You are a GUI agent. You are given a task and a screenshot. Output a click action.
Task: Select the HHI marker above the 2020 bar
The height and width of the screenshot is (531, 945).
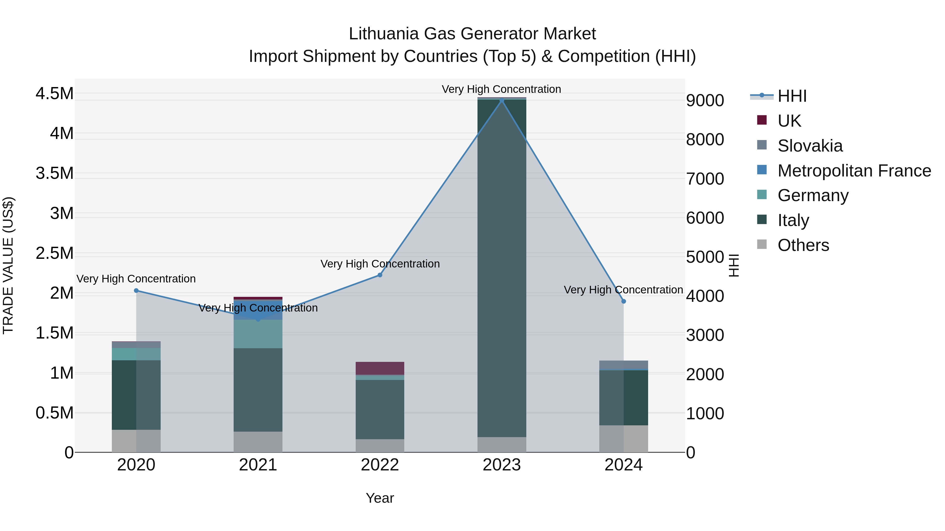coord(136,291)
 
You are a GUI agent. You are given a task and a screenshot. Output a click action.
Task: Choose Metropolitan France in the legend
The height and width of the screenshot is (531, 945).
coord(854,171)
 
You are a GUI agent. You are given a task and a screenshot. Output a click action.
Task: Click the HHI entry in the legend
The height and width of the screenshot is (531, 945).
coord(792,96)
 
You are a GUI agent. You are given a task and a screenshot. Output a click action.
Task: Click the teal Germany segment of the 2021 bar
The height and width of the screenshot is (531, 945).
coord(258,334)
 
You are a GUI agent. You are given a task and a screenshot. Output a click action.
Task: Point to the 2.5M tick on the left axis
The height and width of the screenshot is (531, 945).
coord(54,253)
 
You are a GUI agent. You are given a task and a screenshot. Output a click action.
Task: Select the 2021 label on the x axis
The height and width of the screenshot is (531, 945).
coord(258,465)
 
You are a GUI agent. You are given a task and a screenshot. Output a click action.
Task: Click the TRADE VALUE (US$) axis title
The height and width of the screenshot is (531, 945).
coord(8,265)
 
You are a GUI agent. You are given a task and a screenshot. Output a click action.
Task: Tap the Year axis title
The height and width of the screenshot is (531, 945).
coord(380,498)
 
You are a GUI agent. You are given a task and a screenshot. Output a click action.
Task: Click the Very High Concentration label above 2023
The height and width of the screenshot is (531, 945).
coord(501,89)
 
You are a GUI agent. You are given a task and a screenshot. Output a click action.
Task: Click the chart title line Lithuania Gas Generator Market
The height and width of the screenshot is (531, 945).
coord(472,34)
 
